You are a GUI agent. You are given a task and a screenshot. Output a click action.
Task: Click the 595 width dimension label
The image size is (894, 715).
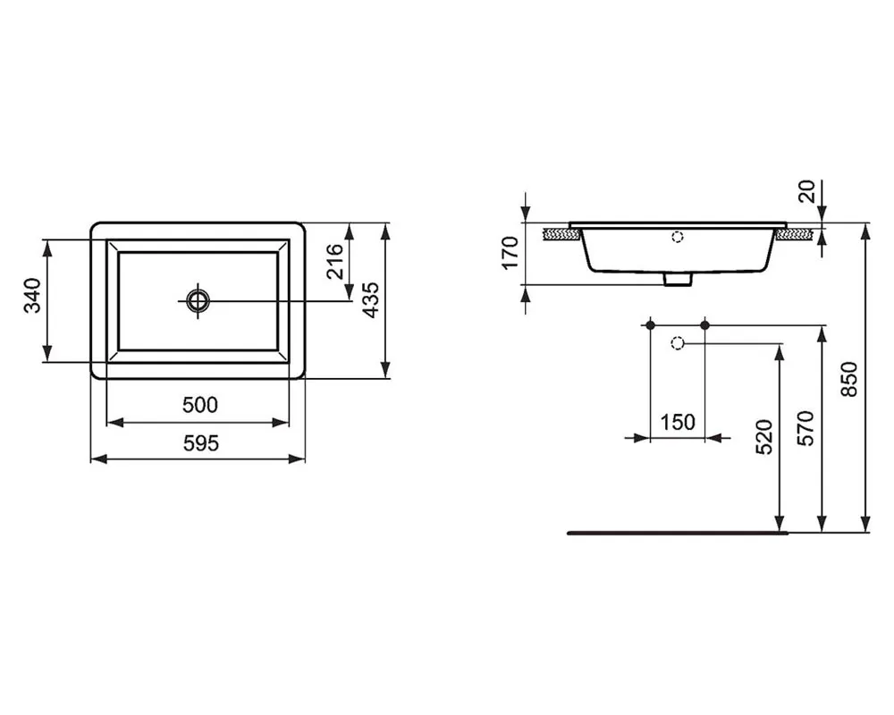[x=199, y=442]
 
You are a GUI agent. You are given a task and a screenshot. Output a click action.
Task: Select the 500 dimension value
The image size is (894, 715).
[x=199, y=405]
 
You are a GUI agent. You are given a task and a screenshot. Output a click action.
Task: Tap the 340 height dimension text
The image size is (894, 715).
[x=33, y=296]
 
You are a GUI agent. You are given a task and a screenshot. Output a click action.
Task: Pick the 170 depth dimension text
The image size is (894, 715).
[x=510, y=253]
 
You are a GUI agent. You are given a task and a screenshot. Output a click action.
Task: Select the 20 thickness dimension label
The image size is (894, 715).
[x=808, y=190]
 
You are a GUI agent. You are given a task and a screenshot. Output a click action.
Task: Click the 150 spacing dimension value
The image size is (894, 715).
[x=678, y=422]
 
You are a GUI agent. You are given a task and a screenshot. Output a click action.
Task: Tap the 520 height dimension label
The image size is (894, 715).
[x=764, y=438]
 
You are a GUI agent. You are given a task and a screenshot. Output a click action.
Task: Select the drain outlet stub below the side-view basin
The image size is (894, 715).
[x=678, y=280]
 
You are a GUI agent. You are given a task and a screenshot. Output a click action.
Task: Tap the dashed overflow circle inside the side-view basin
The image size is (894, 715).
[x=677, y=238]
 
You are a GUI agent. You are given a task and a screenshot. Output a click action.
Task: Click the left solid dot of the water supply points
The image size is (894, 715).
[x=651, y=325]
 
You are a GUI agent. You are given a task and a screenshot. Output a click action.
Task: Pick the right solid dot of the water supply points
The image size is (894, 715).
[x=704, y=325]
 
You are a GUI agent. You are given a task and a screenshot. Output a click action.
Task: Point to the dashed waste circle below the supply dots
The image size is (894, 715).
[x=677, y=342]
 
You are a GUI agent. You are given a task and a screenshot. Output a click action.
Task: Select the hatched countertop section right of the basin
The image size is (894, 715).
[x=795, y=234]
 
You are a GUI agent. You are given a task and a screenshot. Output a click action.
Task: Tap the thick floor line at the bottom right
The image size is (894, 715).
[x=679, y=533]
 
